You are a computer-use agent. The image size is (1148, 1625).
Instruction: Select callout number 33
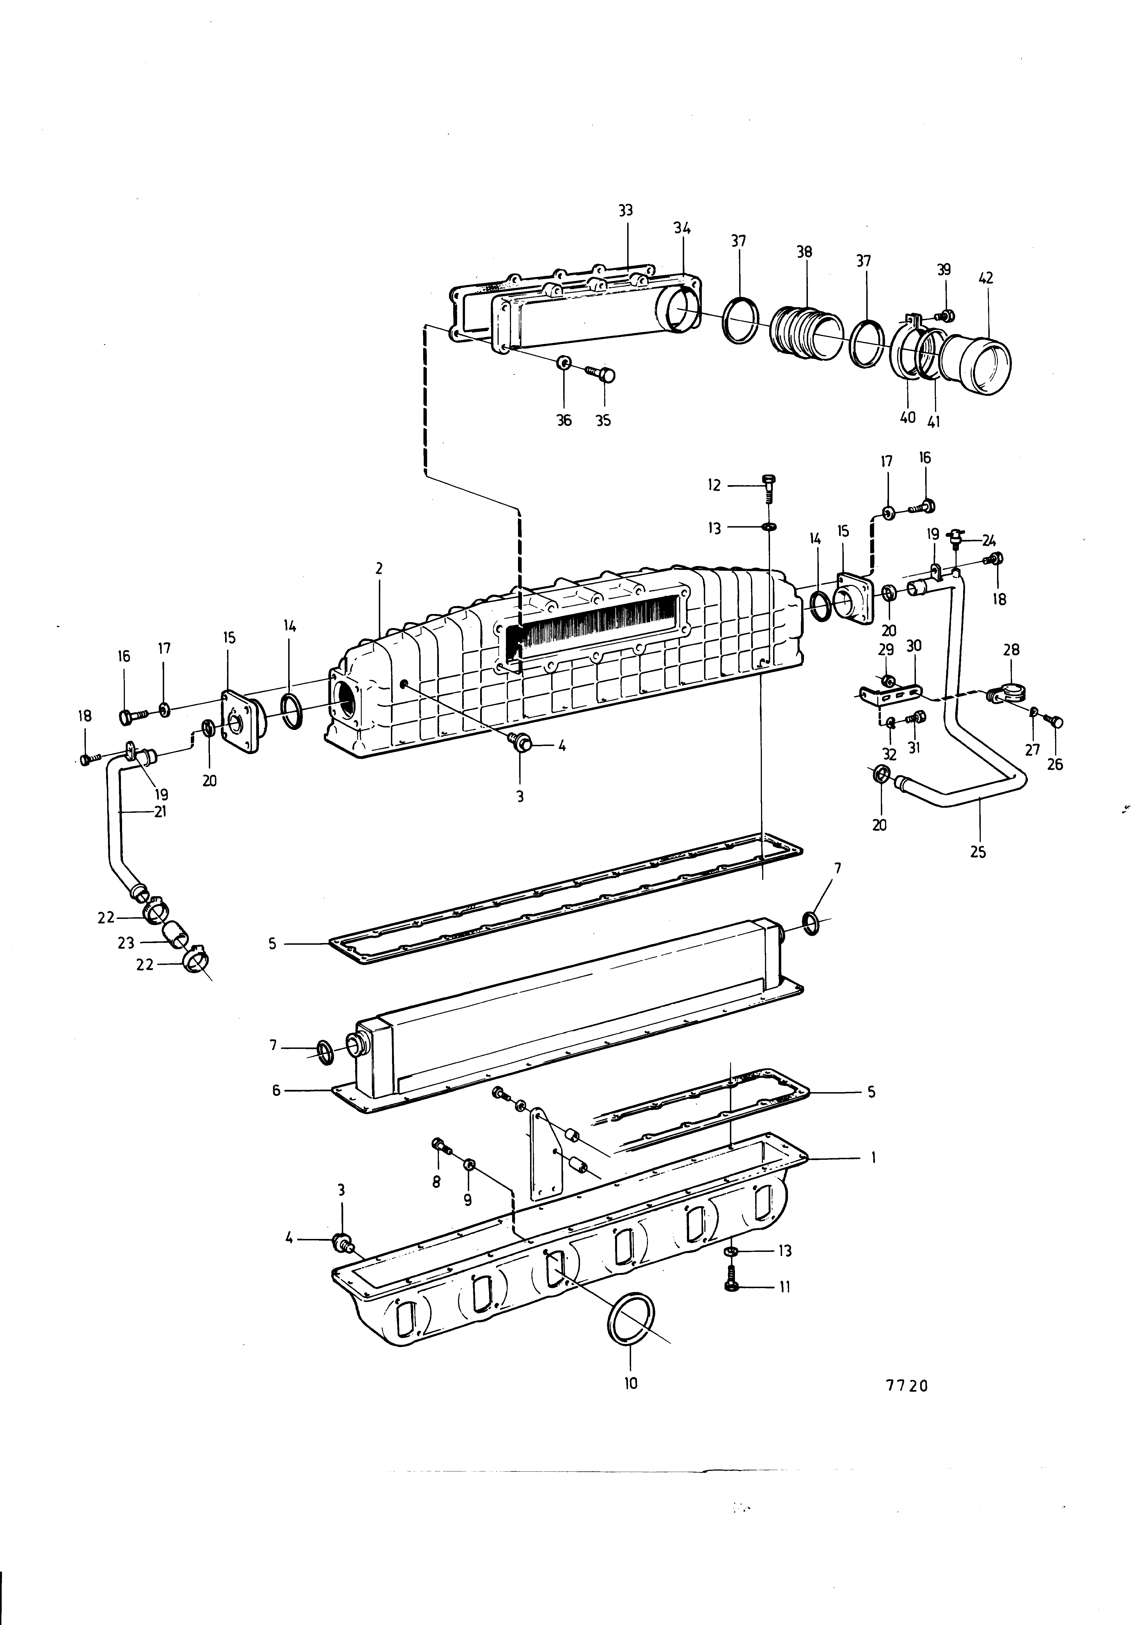[x=625, y=210]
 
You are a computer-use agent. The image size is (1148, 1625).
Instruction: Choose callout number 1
[x=874, y=1158]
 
